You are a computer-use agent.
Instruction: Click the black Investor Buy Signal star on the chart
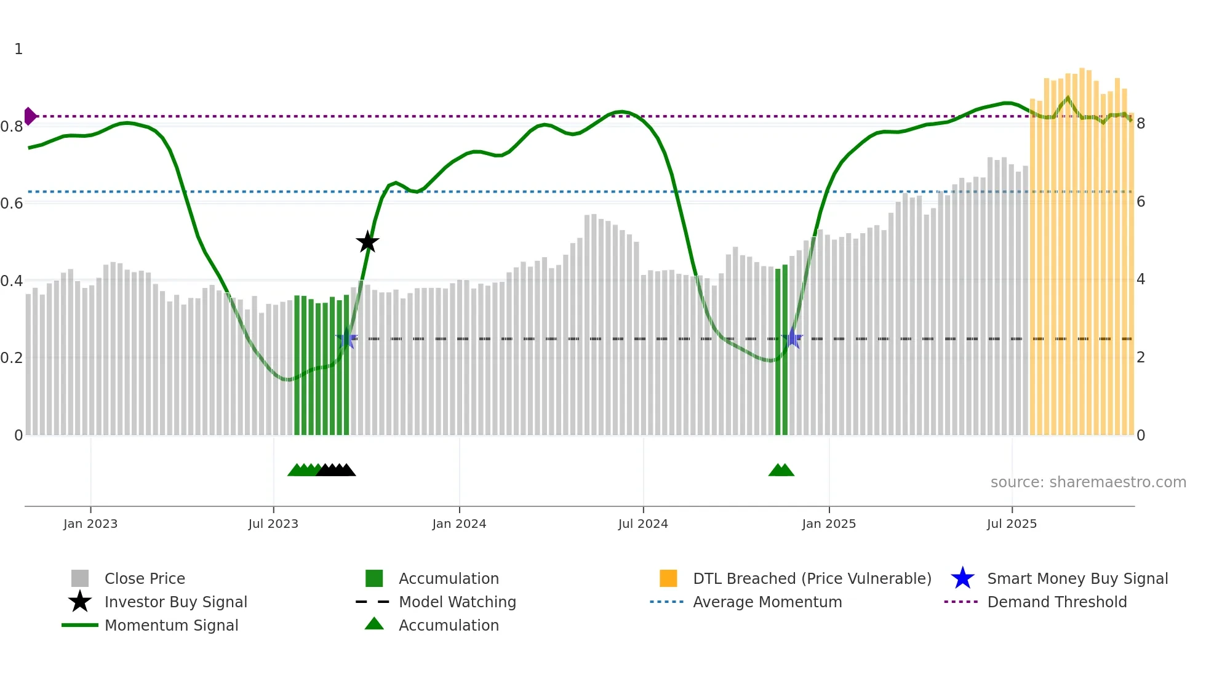[367, 242]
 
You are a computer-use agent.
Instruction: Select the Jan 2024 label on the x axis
[459, 524]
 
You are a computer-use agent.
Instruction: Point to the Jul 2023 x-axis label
[273, 524]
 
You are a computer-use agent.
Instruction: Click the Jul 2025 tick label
[1012, 524]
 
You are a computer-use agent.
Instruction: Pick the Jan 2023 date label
[90, 524]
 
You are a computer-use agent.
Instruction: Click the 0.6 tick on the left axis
[12, 203]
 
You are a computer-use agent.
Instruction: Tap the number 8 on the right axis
[1141, 124]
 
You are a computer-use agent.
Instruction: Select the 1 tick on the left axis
[18, 49]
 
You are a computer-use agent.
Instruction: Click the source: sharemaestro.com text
[1088, 482]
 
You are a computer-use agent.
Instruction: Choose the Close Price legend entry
[145, 578]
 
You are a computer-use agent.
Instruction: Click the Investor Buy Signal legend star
[80, 602]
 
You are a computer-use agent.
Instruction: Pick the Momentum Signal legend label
[171, 625]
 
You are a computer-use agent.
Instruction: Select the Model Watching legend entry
[457, 602]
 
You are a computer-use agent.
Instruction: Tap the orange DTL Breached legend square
[668, 578]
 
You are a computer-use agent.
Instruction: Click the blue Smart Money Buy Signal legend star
[962, 578]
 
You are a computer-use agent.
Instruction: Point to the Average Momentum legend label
[767, 602]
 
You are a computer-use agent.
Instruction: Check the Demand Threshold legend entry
[1056, 602]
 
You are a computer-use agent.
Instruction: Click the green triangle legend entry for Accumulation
[374, 624]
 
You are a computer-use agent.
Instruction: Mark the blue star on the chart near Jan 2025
[792, 338]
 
